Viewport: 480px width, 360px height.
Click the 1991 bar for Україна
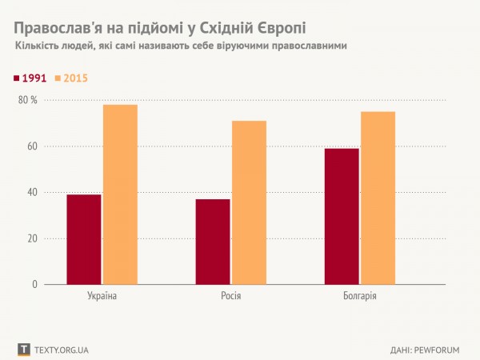(84, 239)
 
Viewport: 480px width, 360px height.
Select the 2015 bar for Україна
(120, 194)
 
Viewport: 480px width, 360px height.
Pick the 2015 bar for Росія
(249, 202)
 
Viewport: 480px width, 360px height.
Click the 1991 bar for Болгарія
(342, 216)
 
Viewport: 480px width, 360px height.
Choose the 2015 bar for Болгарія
(378, 198)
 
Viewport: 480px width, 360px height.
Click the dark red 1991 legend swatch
(18, 78)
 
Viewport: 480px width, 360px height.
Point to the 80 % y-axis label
(28, 100)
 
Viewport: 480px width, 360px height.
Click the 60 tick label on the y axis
(32, 146)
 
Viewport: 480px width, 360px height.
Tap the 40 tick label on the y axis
(32, 192)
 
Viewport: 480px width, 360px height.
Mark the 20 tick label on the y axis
(32, 238)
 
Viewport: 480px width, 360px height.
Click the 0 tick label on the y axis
(34, 284)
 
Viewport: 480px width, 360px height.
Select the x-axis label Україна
(102, 298)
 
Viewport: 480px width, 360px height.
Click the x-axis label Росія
(230, 298)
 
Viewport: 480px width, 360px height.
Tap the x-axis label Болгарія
(359, 298)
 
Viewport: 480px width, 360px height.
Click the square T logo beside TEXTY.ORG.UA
(23, 350)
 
